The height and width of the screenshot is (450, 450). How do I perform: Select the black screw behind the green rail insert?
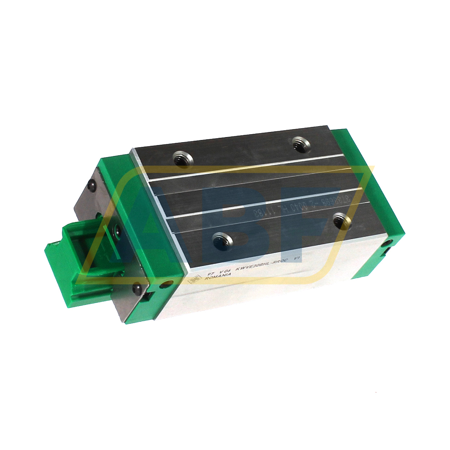click(117, 229)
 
